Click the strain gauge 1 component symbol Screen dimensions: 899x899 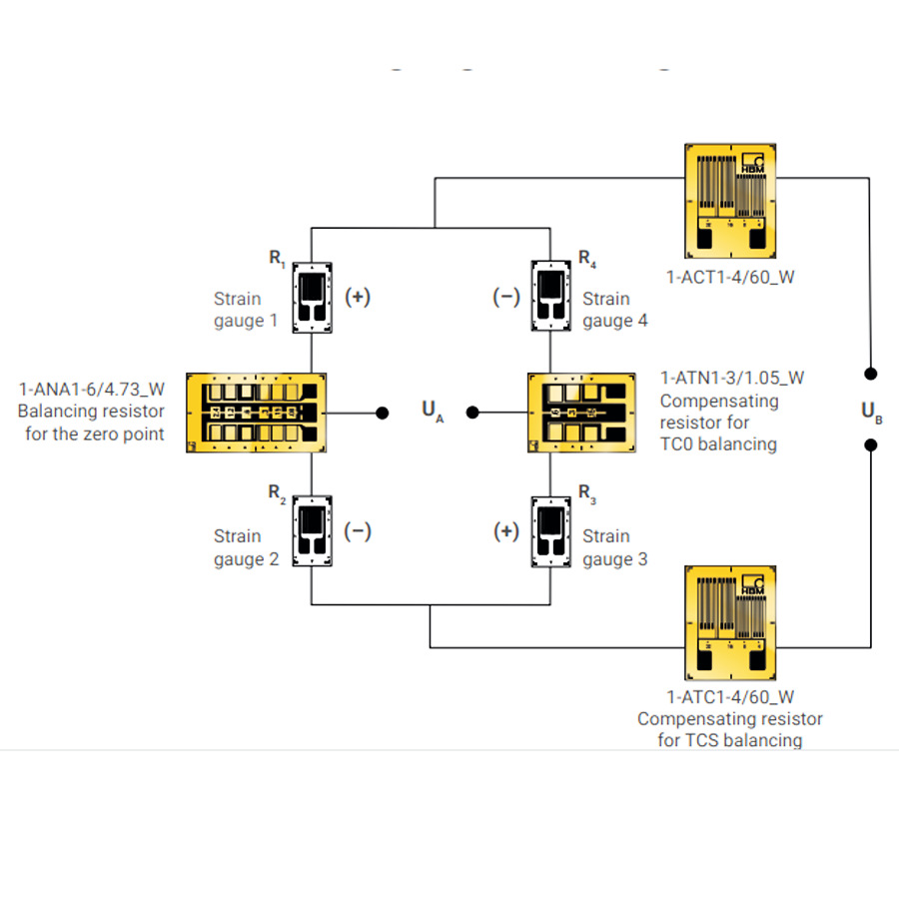coord(312,298)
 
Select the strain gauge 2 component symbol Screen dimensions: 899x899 coord(312,531)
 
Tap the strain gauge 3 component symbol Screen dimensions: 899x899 coord(551,532)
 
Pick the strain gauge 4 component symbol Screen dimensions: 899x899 coord(551,296)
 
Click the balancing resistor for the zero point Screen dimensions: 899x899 coord(257,413)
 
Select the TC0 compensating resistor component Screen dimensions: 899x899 coord(581,413)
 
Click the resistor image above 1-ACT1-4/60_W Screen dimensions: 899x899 coord(730,201)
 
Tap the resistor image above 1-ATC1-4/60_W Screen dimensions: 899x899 coord(730,623)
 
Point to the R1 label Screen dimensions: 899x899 coord(277,258)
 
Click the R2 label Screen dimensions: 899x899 coord(277,492)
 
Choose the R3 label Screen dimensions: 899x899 coord(587,493)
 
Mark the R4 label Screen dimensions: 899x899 coord(587,259)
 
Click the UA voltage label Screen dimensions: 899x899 coord(433,411)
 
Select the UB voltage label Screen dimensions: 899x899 coord(871,412)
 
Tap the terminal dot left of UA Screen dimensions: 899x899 coord(383,413)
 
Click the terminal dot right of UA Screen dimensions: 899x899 coord(472,413)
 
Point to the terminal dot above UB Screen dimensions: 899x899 coord(870,374)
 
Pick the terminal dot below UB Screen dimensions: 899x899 coord(870,445)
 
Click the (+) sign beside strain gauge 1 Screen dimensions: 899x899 coord(358,297)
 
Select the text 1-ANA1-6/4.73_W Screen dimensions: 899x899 coord(92,390)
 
